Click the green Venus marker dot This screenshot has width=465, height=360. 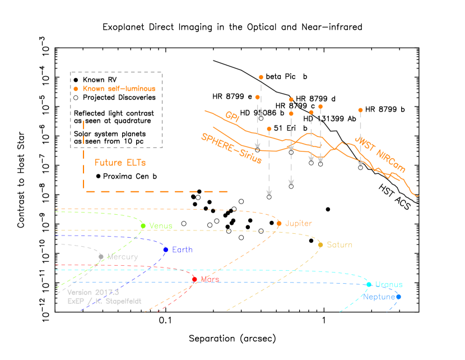tap(143, 226)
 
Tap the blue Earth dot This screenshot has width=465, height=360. tap(165, 250)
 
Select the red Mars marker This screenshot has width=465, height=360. tap(194, 279)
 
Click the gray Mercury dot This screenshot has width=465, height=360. tap(101, 257)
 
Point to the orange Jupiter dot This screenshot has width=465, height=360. tap(279, 223)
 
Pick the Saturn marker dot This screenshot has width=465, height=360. tap(320, 244)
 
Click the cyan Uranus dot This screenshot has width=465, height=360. tap(369, 284)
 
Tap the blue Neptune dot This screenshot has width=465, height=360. tap(398, 297)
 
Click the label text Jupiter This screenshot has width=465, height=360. tap(299, 223)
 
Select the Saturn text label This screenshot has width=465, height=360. tap(340, 244)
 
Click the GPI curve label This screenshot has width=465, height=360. tap(232, 117)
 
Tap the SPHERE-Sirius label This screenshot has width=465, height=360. tap(231, 148)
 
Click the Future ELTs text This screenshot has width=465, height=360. tap(120, 163)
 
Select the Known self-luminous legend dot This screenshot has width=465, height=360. tap(76, 89)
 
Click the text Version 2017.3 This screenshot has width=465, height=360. tap(93, 292)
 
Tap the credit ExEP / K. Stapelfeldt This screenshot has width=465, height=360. tap(104, 301)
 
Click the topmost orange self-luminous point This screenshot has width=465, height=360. tap(261, 77)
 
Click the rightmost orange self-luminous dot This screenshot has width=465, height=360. tap(360, 110)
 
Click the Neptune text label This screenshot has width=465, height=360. tap(379, 297)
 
